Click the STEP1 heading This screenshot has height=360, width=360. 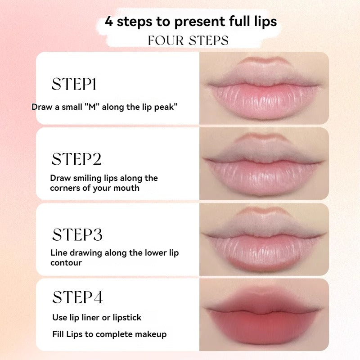(74, 84)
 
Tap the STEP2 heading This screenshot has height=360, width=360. (76, 159)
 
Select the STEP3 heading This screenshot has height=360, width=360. (77, 234)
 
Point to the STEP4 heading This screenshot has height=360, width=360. (77, 297)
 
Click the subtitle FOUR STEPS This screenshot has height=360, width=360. (188, 40)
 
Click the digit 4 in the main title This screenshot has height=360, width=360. (109, 22)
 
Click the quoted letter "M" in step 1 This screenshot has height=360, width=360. (92, 107)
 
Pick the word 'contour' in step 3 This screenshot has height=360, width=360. (66, 263)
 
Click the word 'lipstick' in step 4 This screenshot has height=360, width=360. (127, 318)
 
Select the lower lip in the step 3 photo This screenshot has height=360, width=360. (264, 252)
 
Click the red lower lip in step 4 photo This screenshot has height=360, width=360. (264, 328)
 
